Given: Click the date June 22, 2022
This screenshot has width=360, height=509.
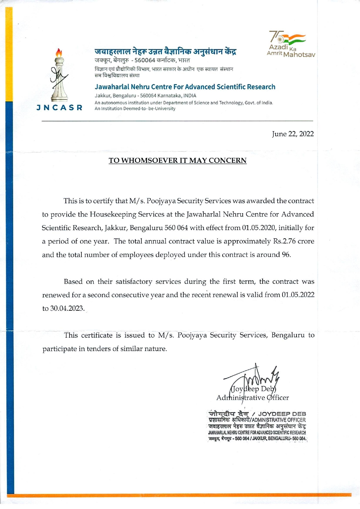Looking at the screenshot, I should [x=293, y=134].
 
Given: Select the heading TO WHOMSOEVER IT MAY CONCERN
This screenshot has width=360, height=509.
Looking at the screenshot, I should [x=177, y=161].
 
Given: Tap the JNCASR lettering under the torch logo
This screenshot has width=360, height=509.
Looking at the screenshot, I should [x=60, y=108].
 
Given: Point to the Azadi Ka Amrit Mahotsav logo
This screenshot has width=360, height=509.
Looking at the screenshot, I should [x=290, y=44].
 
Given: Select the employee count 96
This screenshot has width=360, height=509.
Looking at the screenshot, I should [x=286, y=255].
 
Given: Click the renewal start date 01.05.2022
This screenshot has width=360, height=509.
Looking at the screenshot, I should [x=298, y=295].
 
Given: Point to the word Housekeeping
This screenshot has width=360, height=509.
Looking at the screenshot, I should [x=112, y=214].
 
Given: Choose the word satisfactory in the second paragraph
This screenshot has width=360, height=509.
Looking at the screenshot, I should [x=134, y=282].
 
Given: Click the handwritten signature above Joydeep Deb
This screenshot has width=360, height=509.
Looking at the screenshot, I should [x=255, y=377].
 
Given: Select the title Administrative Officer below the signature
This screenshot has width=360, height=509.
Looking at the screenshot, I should [x=252, y=398].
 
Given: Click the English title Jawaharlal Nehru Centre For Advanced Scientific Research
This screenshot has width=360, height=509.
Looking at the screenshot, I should [x=185, y=87].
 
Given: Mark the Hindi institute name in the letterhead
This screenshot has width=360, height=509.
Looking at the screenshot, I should [x=165, y=52].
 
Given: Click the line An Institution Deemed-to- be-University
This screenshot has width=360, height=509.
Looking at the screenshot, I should [x=135, y=109].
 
